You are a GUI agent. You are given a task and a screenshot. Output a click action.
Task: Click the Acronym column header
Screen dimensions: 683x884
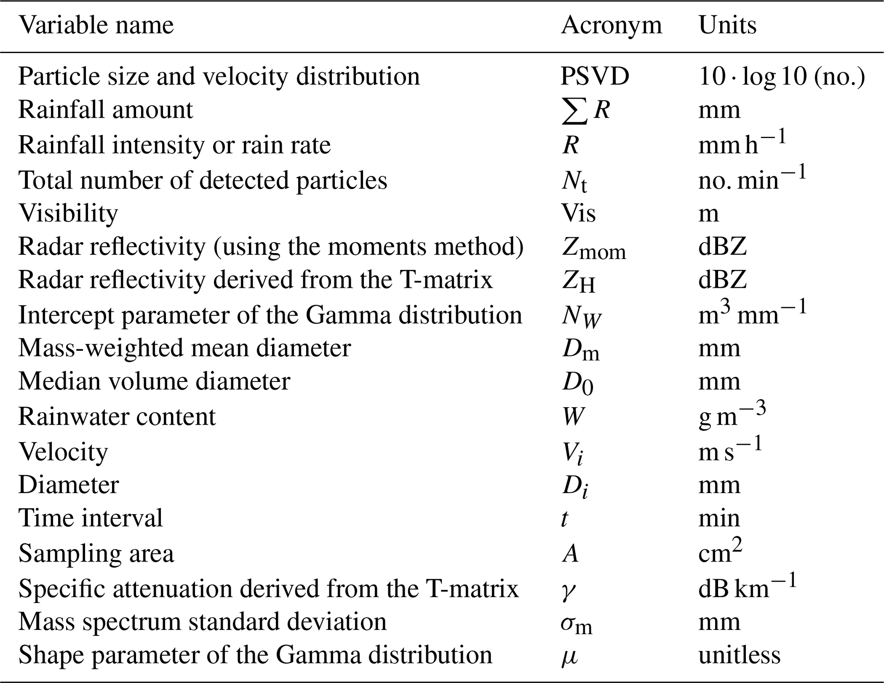pos(611,26)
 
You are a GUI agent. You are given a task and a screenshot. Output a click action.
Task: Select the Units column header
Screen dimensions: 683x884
pos(727,26)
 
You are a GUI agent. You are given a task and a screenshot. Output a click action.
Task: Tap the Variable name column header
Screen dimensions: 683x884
pos(96,26)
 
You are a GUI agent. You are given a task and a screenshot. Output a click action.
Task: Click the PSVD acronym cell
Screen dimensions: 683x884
pos(595,77)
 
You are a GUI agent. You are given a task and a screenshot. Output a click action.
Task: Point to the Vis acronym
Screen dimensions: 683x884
pos(578,213)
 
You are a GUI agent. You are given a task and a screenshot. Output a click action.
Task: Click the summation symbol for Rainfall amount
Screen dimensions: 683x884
pos(574,111)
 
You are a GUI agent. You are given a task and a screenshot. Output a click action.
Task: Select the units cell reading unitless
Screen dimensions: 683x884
pos(739,655)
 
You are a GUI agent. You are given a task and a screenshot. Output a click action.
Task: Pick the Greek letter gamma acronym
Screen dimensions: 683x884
pos(568,591)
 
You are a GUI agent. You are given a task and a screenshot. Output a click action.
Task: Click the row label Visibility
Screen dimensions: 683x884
pos(68,213)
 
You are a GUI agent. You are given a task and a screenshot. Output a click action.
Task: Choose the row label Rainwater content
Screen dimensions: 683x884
pos(117,417)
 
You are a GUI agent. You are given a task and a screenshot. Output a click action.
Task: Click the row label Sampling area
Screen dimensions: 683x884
pos(96,553)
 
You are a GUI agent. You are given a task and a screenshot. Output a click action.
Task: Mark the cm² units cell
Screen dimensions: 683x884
pos(720,552)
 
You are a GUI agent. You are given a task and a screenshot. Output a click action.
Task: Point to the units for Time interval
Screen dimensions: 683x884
pos(719,518)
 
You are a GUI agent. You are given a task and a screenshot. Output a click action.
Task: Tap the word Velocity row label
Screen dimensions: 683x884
pos(63,452)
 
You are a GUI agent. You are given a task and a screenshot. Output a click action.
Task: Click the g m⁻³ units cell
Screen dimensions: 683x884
pos(732,415)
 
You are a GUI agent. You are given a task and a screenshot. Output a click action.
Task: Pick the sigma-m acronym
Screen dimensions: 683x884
pos(577,624)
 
